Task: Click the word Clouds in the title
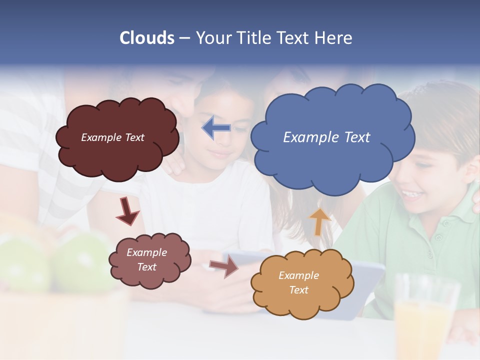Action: coord(147,38)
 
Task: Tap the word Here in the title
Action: coord(334,38)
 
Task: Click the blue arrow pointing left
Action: coord(216,128)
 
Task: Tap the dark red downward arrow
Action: coord(127,211)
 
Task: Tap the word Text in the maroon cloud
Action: coord(134,137)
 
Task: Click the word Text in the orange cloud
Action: coord(298,290)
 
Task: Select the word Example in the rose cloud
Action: coord(146,252)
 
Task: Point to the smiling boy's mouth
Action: coord(411,193)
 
